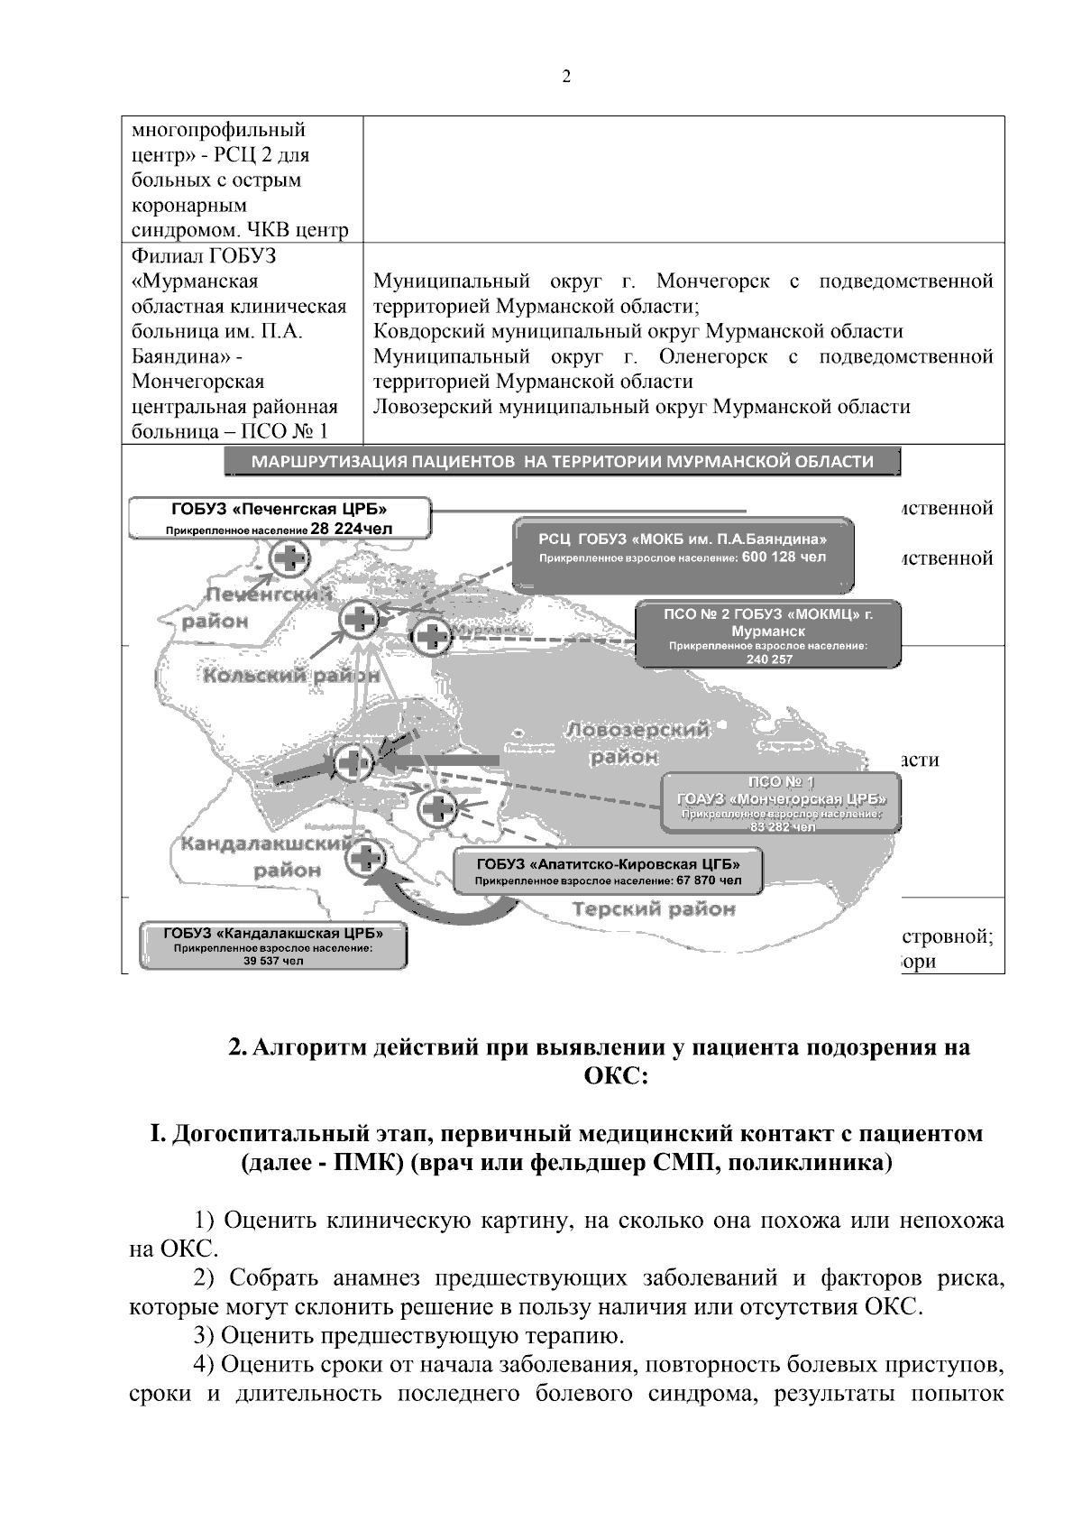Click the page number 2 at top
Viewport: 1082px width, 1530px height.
[566, 78]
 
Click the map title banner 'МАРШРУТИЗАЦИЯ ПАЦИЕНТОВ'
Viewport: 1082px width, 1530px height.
[563, 462]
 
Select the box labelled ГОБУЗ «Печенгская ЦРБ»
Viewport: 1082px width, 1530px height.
[279, 518]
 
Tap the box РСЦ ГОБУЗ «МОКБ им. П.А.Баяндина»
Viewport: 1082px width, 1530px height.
[683, 548]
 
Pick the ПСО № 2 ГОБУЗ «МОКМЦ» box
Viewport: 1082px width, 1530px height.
[768, 634]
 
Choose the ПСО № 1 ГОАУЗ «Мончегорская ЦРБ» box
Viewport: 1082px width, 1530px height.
[775, 801]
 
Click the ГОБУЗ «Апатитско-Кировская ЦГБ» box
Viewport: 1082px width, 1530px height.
[608, 871]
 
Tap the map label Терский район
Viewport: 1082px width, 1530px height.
[653, 908]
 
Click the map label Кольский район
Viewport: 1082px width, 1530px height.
[275, 677]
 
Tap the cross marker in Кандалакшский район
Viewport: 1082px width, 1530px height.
[365, 857]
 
